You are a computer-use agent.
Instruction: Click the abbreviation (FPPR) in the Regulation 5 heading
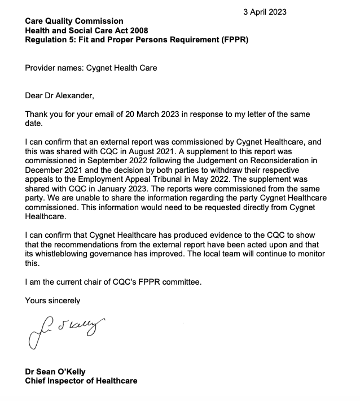pyautogui.click(x=231, y=40)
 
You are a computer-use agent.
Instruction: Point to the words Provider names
pyautogui.click(x=51, y=68)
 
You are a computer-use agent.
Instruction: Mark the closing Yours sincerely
pyautogui.click(x=52, y=300)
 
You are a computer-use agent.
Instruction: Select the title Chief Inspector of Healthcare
pyautogui.click(x=81, y=381)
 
